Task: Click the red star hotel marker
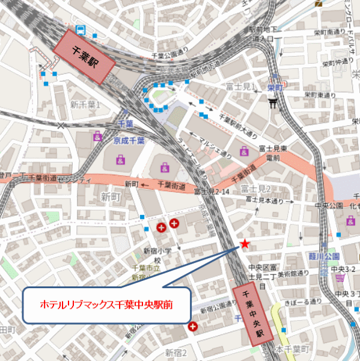(244, 244)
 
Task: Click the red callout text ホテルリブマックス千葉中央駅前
(106, 305)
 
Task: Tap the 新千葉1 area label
(85, 105)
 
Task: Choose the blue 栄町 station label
(275, 87)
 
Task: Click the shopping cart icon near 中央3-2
(340, 277)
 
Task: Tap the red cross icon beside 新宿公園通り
(192, 327)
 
